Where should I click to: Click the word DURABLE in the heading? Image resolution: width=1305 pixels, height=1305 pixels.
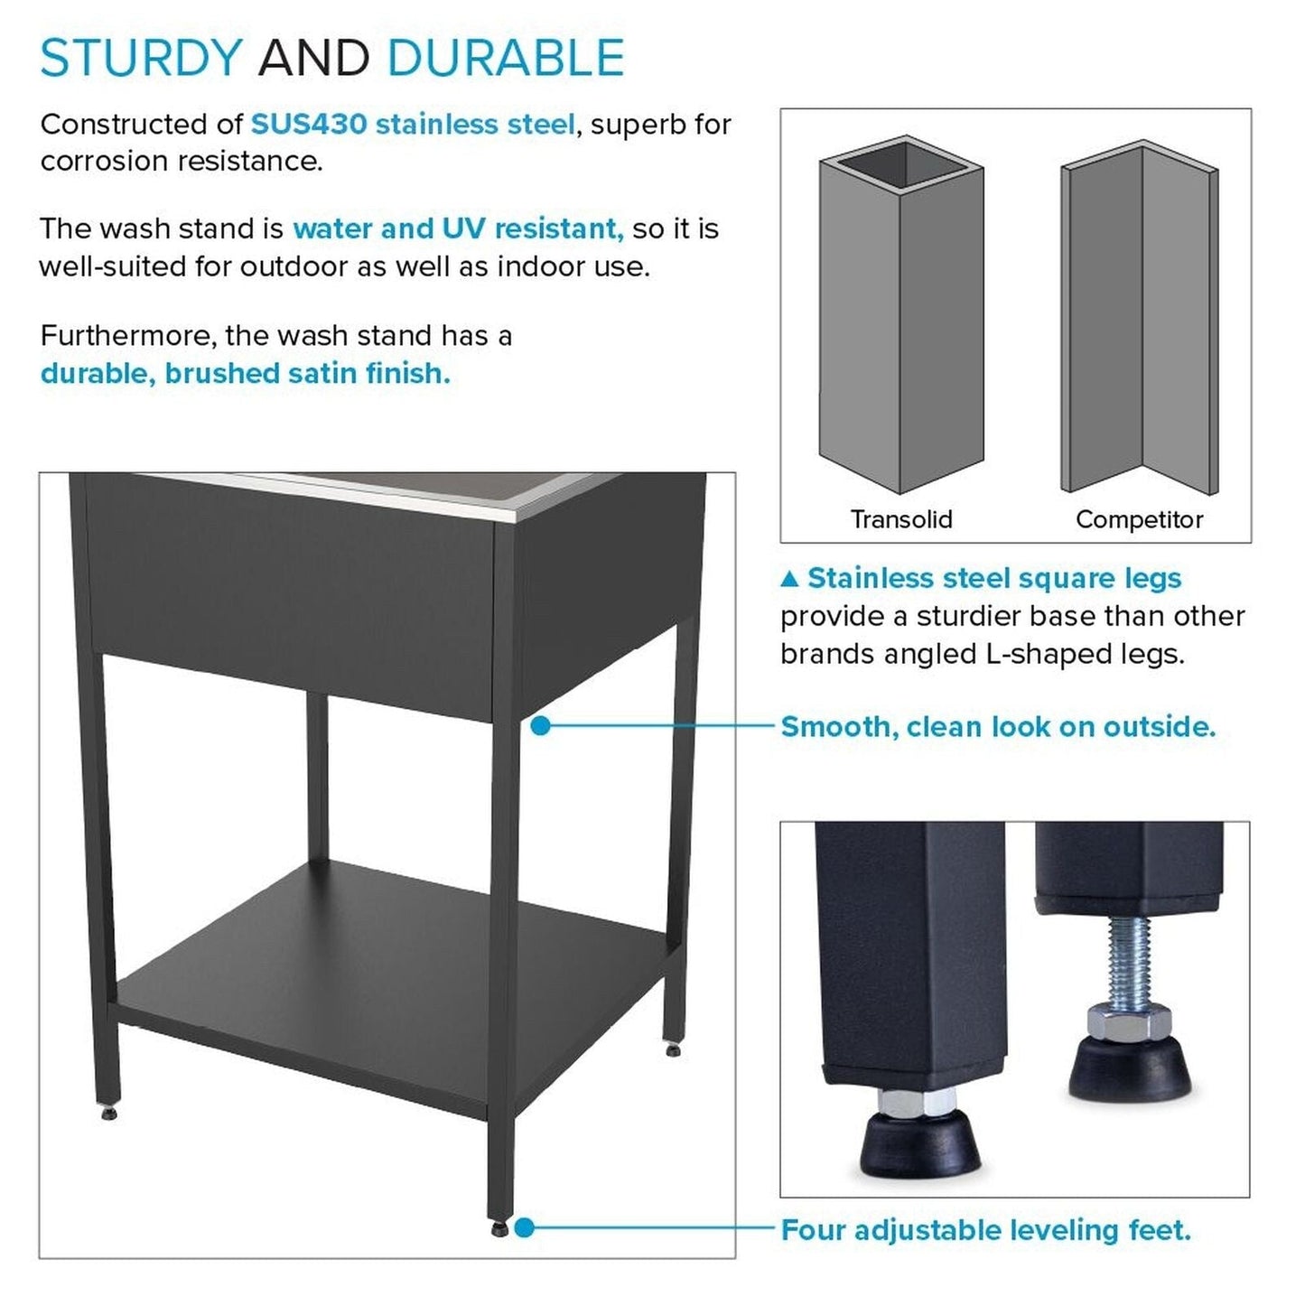click(x=505, y=59)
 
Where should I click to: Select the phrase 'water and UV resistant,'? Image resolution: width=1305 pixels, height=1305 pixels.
click(x=458, y=228)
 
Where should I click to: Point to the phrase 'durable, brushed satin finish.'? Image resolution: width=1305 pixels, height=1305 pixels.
click(x=246, y=373)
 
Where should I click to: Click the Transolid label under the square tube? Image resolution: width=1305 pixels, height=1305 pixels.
click(x=900, y=519)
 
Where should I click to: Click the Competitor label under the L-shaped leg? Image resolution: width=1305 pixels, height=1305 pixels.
click(x=1139, y=519)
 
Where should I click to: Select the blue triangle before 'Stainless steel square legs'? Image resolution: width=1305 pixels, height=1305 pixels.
click(x=789, y=578)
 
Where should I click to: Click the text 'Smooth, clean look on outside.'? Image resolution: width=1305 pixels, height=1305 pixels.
click(x=998, y=726)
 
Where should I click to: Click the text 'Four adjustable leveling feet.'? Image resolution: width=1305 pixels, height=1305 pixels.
click(x=985, y=1230)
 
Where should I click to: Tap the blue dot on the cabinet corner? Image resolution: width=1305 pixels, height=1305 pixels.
click(x=540, y=725)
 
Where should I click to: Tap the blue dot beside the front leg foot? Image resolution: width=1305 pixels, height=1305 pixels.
click(x=525, y=1228)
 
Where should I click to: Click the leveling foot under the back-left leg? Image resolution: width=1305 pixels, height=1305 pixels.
click(x=109, y=1113)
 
